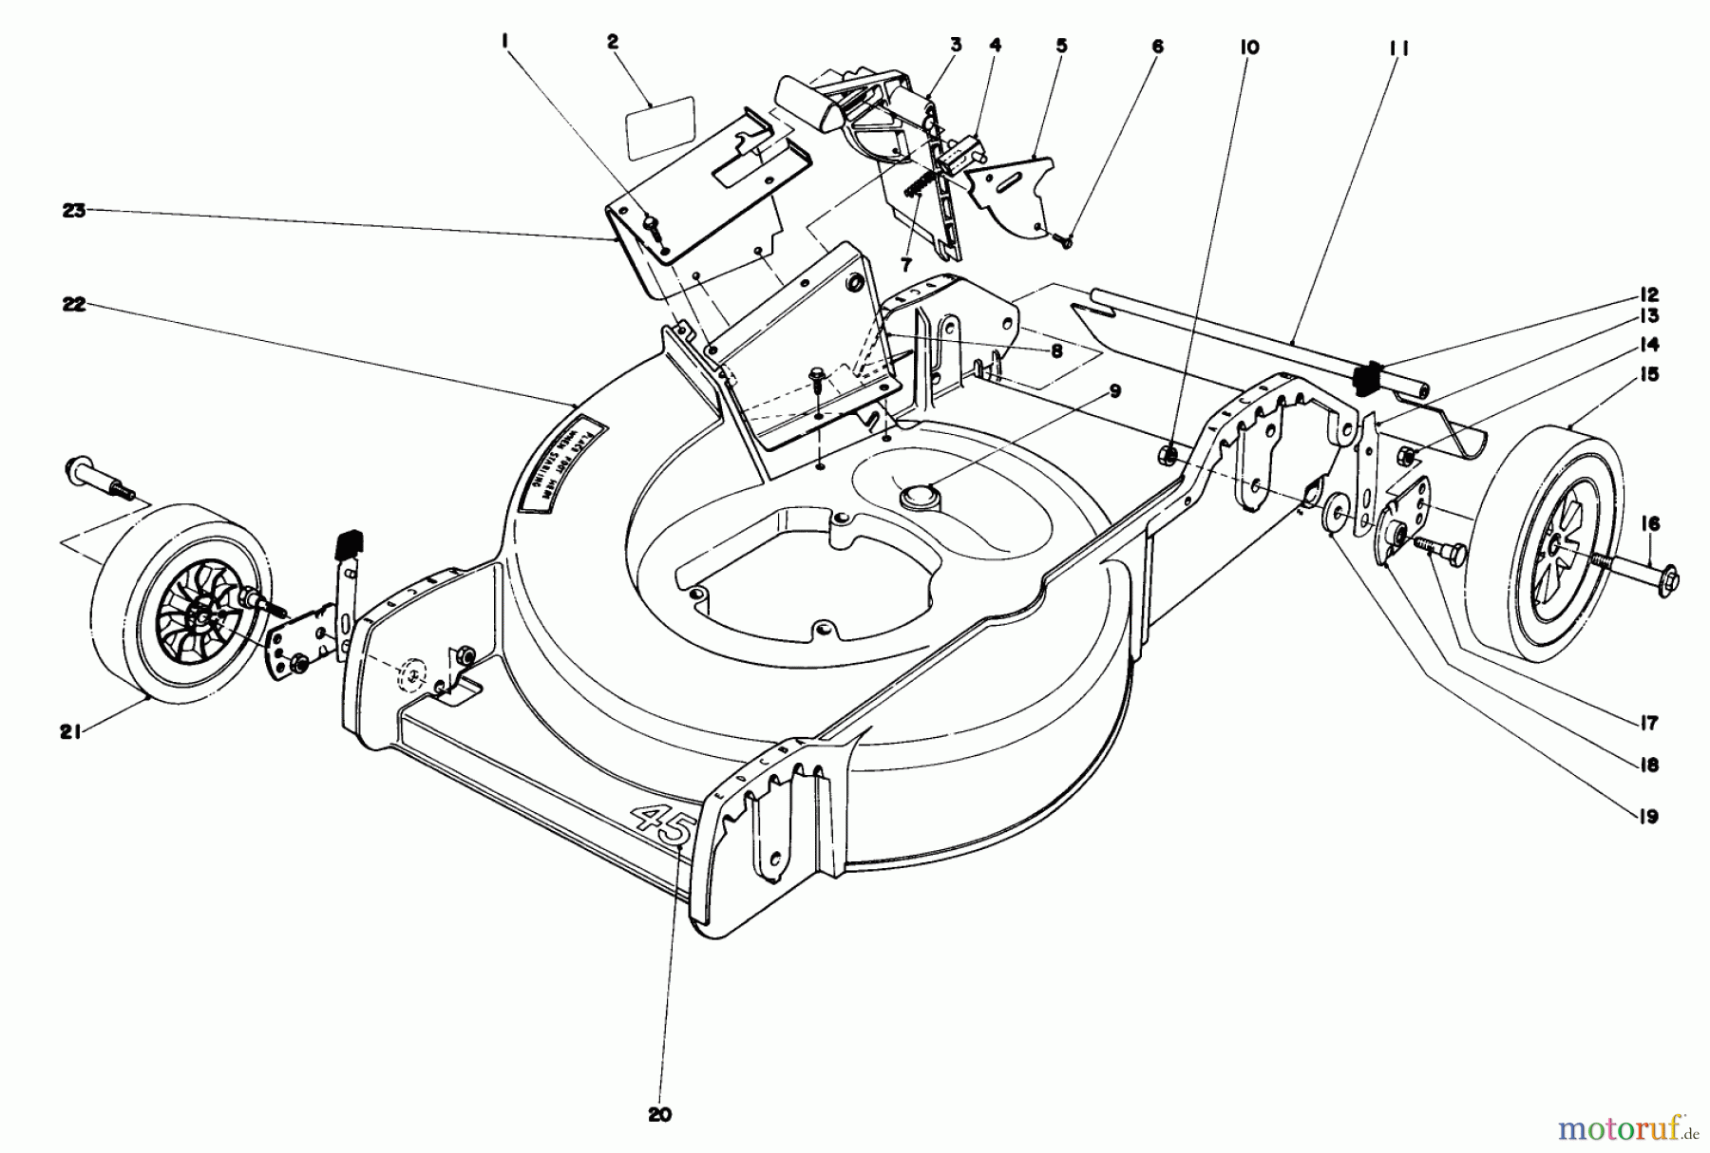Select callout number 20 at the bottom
659,1114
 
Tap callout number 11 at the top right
1397,47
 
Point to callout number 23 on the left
74,211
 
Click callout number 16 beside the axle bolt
1649,523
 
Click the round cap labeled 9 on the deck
921,495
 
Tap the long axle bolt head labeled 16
1672,576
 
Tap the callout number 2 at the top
613,42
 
